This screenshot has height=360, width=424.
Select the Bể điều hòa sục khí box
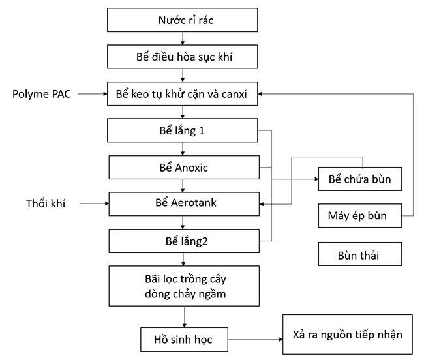coord(186,57)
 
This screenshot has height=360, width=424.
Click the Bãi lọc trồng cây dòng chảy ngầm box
coord(186,286)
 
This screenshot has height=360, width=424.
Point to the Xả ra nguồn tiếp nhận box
coord(347,335)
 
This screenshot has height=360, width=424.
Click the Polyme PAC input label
coord(41,95)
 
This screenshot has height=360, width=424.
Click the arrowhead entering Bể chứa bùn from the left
coord(314,179)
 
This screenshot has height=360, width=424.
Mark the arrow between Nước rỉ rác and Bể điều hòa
coord(186,38)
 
